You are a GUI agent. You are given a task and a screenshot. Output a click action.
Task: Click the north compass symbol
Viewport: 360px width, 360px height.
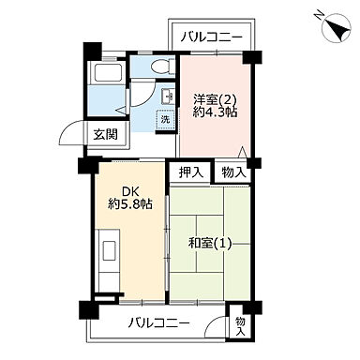335,29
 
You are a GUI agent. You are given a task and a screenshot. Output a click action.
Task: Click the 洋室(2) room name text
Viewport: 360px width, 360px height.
214,97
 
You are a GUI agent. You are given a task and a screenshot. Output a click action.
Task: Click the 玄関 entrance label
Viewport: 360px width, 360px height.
103,134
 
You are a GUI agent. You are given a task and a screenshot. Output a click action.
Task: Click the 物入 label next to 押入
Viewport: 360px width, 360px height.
233,172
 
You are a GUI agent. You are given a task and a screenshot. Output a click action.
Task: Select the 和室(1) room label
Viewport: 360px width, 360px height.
211,245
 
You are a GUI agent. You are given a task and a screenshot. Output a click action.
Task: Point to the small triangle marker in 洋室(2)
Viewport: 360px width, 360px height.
243,152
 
